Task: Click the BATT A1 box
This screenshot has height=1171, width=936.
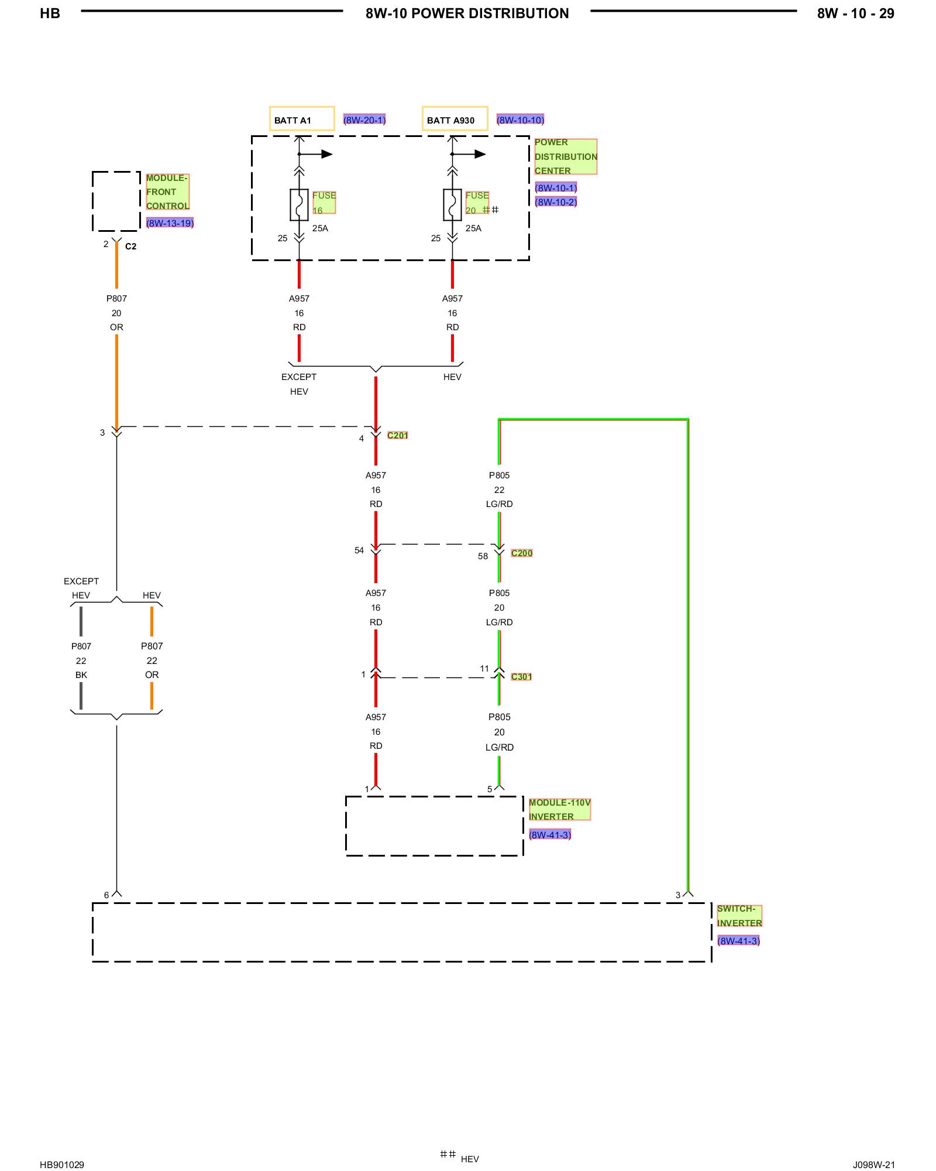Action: pyautogui.click(x=302, y=118)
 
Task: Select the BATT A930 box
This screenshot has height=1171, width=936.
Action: pyautogui.click(x=455, y=118)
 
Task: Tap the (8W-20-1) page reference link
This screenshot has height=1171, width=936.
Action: pyautogui.click(x=364, y=120)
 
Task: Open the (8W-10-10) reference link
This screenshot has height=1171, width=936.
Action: pyautogui.click(x=520, y=120)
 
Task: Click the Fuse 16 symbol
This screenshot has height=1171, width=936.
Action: pyautogui.click(x=299, y=204)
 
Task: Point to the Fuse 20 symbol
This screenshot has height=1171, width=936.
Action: pyautogui.click(x=452, y=204)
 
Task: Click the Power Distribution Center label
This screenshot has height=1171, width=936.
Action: pyautogui.click(x=566, y=156)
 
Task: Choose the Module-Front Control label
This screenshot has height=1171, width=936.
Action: pyautogui.click(x=168, y=191)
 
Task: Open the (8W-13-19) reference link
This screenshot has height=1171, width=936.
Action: pyautogui.click(x=170, y=223)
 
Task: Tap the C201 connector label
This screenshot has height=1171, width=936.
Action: pyautogui.click(x=398, y=435)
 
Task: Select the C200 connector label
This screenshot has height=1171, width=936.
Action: pyautogui.click(x=522, y=553)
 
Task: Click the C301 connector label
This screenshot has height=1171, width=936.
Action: pyautogui.click(x=521, y=677)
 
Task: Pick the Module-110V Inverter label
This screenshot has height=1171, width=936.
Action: pyautogui.click(x=560, y=809)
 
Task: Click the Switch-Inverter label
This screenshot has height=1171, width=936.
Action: pyautogui.click(x=739, y=916)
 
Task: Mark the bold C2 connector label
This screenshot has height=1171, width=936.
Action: pyautogui.click(x=131, y=246)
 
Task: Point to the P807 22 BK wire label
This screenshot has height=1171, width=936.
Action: pyautogui.click(x=81, y=660)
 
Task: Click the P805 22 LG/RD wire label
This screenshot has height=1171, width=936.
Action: pyautogui.click(x=499, y=489)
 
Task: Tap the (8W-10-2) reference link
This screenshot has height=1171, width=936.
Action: pyautogui.click(x=556, y=202)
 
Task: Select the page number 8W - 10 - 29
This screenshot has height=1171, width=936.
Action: pyautogui.click(x=855, y=13)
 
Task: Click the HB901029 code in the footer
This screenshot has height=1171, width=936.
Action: pyautogui.click(x=62, y=1165)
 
